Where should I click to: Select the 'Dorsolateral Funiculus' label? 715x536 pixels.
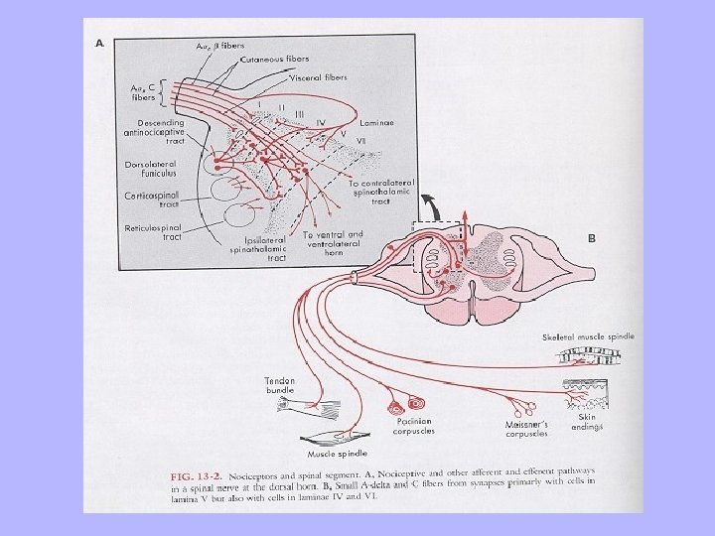pyautogui.click(x=152, y=170)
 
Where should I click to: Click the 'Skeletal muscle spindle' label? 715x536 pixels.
pyautogui.click(x=588, y=337)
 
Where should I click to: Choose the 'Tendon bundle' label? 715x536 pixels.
pyautogui.click(x=281, y=384)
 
